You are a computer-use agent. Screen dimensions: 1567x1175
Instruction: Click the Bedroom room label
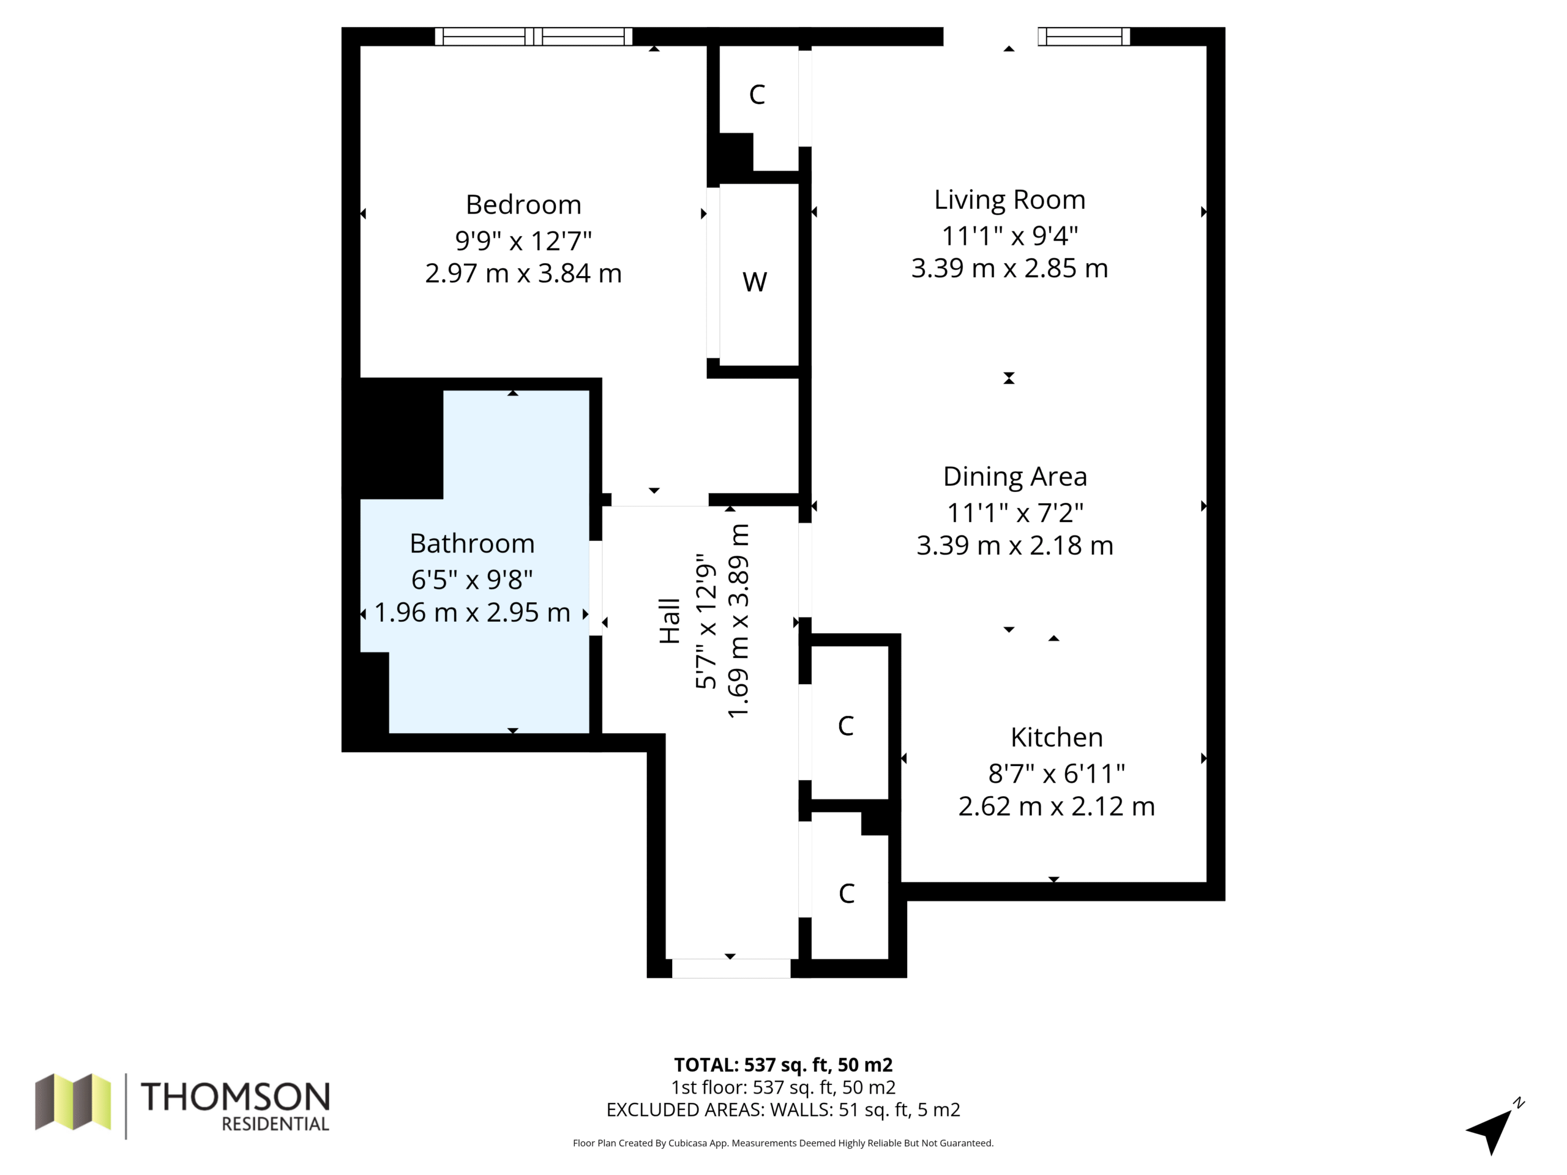tap(523, 204)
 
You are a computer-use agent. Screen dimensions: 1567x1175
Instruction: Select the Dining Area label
tap(1014, 477)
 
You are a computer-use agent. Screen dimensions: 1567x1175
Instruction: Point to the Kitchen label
tap(1057, 737)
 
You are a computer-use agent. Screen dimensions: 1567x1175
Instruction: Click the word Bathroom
tap(472, 543)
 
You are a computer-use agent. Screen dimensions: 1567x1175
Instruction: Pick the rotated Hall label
tap(670, 621)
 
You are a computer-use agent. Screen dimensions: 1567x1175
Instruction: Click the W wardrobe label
tap(755, 282)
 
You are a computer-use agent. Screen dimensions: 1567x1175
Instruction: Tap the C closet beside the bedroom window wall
tap(757, 94)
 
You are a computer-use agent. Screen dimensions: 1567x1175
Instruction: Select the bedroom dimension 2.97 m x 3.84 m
tap(523, 274)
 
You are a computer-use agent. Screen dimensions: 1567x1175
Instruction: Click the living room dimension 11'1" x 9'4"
tap(1009, 235)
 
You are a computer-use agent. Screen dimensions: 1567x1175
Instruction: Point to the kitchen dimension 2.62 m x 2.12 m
tap(1057, 807)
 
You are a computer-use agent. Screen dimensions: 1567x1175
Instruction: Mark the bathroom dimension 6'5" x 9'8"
tap(472, 580)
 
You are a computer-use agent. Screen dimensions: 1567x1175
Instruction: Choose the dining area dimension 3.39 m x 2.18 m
tap(1014, 546)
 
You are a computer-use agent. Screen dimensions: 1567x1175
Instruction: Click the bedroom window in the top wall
tap(533, 36)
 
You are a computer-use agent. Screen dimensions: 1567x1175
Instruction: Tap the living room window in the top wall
tap(1084, 36)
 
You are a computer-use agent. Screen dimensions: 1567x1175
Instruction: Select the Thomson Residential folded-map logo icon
tap(73, 1102)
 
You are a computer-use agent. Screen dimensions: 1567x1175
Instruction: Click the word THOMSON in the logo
tap(235, 1097)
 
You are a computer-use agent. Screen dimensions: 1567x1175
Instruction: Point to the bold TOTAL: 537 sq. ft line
tap(783, 1064)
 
